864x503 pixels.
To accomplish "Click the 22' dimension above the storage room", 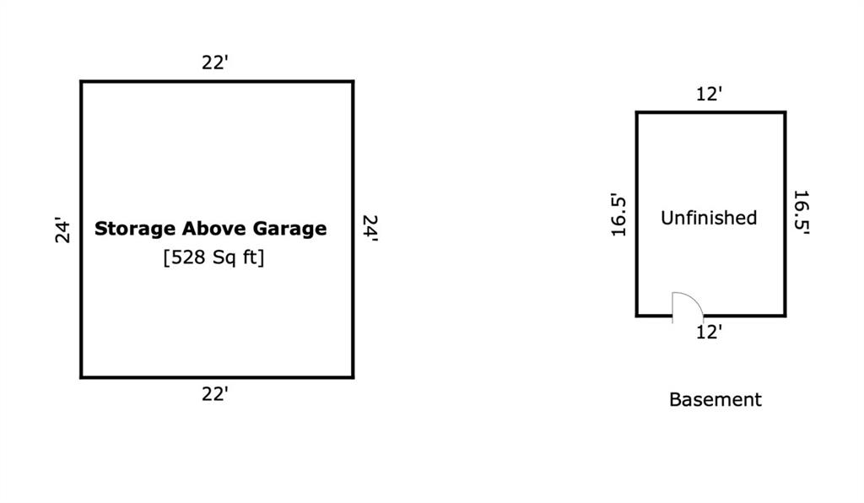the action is (x=215, y=62).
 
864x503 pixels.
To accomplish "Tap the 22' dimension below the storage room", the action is (x=215, y=394).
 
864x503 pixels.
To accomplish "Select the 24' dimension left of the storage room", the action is (x=62, y=230).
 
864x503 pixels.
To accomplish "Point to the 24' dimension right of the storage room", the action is (x=370, y=228).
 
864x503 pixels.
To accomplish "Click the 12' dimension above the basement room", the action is (x=709, y=95).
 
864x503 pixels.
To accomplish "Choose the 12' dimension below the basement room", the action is (x=709, y=333).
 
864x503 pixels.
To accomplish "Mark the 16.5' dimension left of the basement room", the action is (x=618, y=215).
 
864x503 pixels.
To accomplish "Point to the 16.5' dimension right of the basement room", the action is (x=802, y=213).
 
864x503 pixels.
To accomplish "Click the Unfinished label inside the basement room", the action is (x=709, y=218).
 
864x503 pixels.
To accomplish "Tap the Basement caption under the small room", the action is (x=715, y=399).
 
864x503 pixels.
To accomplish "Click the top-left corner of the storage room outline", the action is (x=82, y=82).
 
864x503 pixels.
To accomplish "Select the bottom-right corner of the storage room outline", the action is (x=353, y=377).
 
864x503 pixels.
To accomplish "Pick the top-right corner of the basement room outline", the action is (x=786, y=113).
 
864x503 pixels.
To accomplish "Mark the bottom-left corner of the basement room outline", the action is (x=637, y=316).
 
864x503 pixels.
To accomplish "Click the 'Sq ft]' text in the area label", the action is (x=239, y=257).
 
